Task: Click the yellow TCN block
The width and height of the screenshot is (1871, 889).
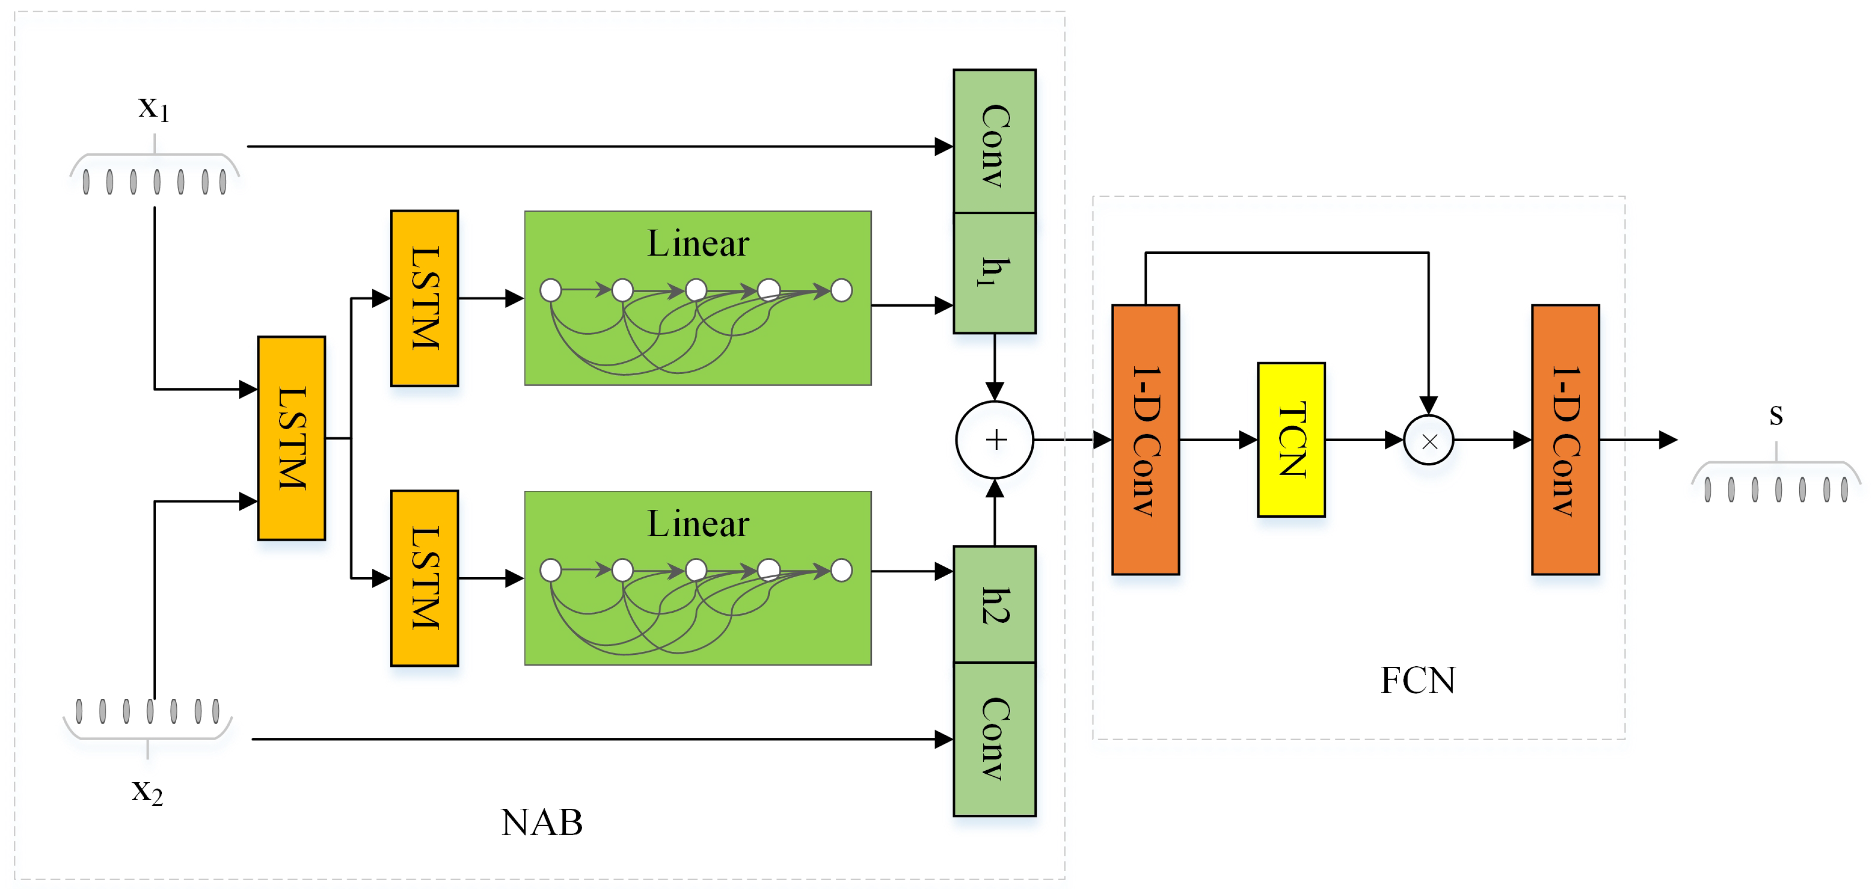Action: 1291,440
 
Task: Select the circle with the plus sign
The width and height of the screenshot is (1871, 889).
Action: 994,440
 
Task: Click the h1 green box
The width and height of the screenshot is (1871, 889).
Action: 994,273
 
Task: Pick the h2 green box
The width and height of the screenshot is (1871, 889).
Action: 994,604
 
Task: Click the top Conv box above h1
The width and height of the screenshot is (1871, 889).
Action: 994,142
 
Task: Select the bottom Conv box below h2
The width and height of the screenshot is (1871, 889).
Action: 994,739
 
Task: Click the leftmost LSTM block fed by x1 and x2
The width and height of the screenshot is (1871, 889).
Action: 291,438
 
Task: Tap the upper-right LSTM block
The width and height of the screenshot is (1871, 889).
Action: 424,298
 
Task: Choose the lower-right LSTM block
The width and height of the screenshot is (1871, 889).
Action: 424,578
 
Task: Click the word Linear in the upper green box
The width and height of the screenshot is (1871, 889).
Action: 697,244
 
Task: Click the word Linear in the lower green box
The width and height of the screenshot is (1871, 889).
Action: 697,524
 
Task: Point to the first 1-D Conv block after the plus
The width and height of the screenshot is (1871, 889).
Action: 1145,440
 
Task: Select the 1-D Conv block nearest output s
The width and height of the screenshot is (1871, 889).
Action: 1565,440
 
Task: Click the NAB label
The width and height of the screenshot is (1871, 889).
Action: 541,822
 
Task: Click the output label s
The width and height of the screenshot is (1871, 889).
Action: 1776,415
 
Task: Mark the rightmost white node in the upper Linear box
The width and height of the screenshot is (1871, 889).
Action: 841,291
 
